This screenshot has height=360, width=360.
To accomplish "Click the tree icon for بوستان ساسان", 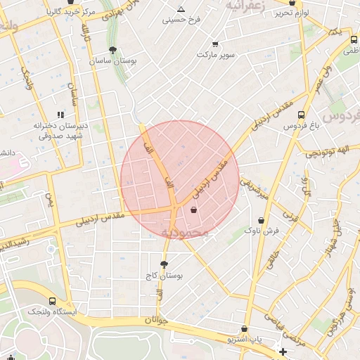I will (x=113, y=50).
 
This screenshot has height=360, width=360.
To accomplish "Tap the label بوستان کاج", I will (x=166, y=276).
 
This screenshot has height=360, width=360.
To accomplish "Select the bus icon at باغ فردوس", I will (x=302, y=115).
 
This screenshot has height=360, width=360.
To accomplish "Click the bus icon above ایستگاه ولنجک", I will (x=53, y=300).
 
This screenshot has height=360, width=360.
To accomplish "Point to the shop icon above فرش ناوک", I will (x=261, y=220).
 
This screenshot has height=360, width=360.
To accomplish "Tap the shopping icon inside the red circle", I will (x=193, y=210).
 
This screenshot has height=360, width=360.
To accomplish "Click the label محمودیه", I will (x=185, y=232).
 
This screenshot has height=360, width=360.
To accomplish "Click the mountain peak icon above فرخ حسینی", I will (x=181, y=9).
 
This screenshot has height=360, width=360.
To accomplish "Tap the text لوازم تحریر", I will (x=293, y=13).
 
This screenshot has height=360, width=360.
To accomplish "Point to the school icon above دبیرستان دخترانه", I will (x=60, y=114).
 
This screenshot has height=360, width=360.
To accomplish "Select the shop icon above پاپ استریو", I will (x=244, y=328).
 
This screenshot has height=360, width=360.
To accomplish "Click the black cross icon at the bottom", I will (x=283, y=351).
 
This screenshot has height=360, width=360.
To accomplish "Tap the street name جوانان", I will (x=158, y=320).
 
